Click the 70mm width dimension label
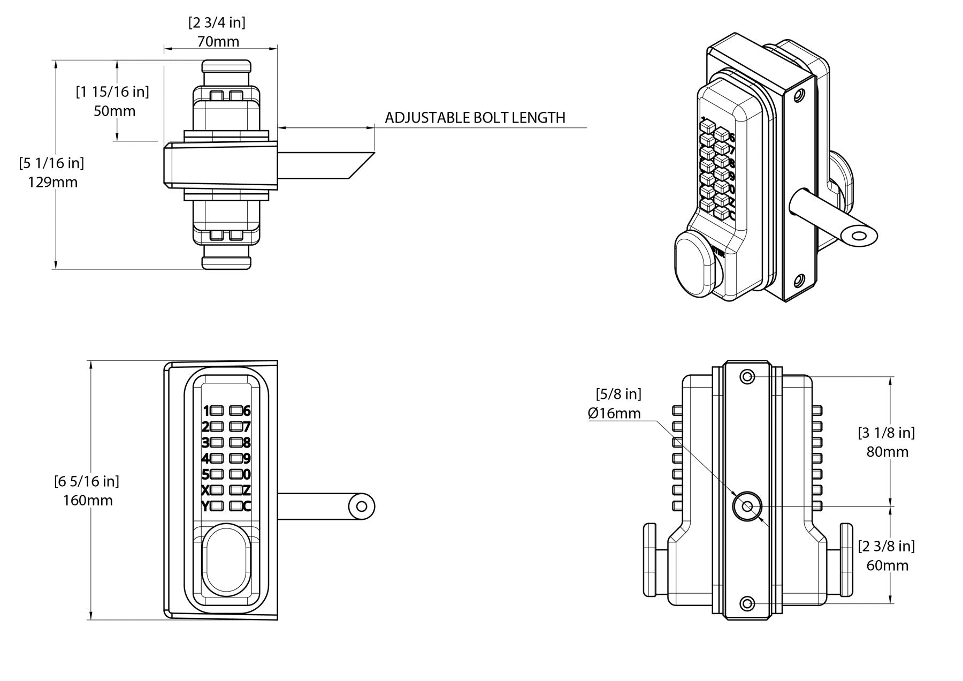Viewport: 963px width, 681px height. (218, 41)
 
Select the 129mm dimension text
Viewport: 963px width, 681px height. (52, 182)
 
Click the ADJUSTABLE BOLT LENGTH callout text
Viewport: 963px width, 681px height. (475, 118)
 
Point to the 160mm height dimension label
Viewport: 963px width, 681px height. (88, 501)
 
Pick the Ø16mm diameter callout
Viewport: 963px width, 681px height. (614, 413)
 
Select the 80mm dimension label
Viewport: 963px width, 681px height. (887, 452)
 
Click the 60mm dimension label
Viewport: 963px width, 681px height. (887, 565)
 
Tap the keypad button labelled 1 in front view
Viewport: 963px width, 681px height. (217, 411)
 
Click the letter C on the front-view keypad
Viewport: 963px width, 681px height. (247, 506)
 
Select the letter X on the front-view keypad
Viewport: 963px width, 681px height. (205, 490)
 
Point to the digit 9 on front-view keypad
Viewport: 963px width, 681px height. (247, 459)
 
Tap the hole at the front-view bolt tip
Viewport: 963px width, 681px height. (362, 506)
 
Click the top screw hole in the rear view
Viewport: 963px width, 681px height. (747, 377)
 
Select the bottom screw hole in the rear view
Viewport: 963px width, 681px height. (747, 604)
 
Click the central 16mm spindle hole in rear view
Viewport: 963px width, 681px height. (747, 506)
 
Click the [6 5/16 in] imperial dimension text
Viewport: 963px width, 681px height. (87, 481)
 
